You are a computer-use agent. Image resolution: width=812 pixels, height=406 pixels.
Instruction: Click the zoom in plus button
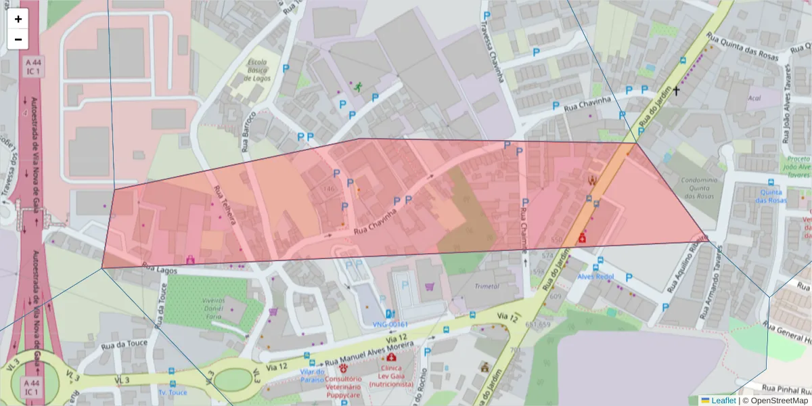coord(18,19)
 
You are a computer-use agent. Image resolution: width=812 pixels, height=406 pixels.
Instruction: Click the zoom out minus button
coord(18,39)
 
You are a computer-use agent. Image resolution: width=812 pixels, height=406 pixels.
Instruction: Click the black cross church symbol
coord(675,90)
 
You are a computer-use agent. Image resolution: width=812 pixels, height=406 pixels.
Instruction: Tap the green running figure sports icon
coord(357,87)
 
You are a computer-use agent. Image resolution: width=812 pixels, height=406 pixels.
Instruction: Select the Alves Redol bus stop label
coord(595,277)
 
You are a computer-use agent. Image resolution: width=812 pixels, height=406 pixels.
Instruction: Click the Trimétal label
coord(487,286)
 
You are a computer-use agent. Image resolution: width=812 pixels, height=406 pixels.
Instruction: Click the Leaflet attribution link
coord(723,401)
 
